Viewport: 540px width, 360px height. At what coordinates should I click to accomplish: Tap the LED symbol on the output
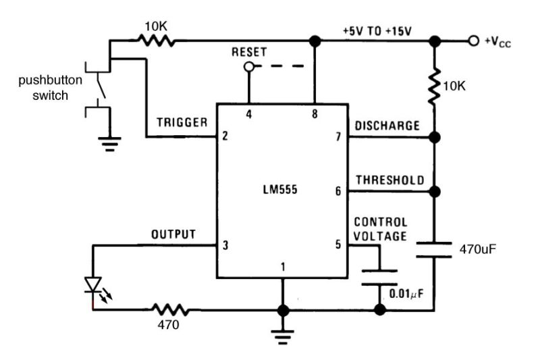(92, 284)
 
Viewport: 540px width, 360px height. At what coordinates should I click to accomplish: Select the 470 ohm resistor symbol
(170, 311)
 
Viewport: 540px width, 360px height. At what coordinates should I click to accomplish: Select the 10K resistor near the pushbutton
(157, 42)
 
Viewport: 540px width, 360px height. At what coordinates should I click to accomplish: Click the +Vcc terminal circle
(474, 42)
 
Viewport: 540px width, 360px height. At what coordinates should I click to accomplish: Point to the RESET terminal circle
(249, 66)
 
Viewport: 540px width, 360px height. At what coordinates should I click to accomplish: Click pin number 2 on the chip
(224, 136)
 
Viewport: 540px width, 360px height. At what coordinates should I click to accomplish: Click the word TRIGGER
(182, 123)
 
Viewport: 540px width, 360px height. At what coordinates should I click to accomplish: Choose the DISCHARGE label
(387, 126)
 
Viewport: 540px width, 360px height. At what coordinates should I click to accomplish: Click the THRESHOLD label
(389, 180)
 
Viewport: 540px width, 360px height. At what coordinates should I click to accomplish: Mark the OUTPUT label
(173, 234)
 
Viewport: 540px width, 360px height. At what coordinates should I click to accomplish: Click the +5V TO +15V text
(377, 31)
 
